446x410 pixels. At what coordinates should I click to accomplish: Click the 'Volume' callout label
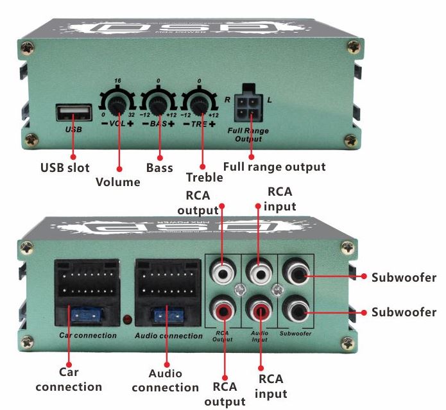[118, 182]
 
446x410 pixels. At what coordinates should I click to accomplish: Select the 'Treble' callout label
[204, 178]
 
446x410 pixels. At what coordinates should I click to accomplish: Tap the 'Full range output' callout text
[274, 167]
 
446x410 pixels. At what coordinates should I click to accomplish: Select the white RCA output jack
[223, 274]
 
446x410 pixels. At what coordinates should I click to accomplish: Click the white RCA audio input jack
[259, 274]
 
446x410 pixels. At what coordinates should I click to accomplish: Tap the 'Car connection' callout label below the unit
[69, 380]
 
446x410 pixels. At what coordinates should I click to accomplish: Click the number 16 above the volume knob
[117, 81]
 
